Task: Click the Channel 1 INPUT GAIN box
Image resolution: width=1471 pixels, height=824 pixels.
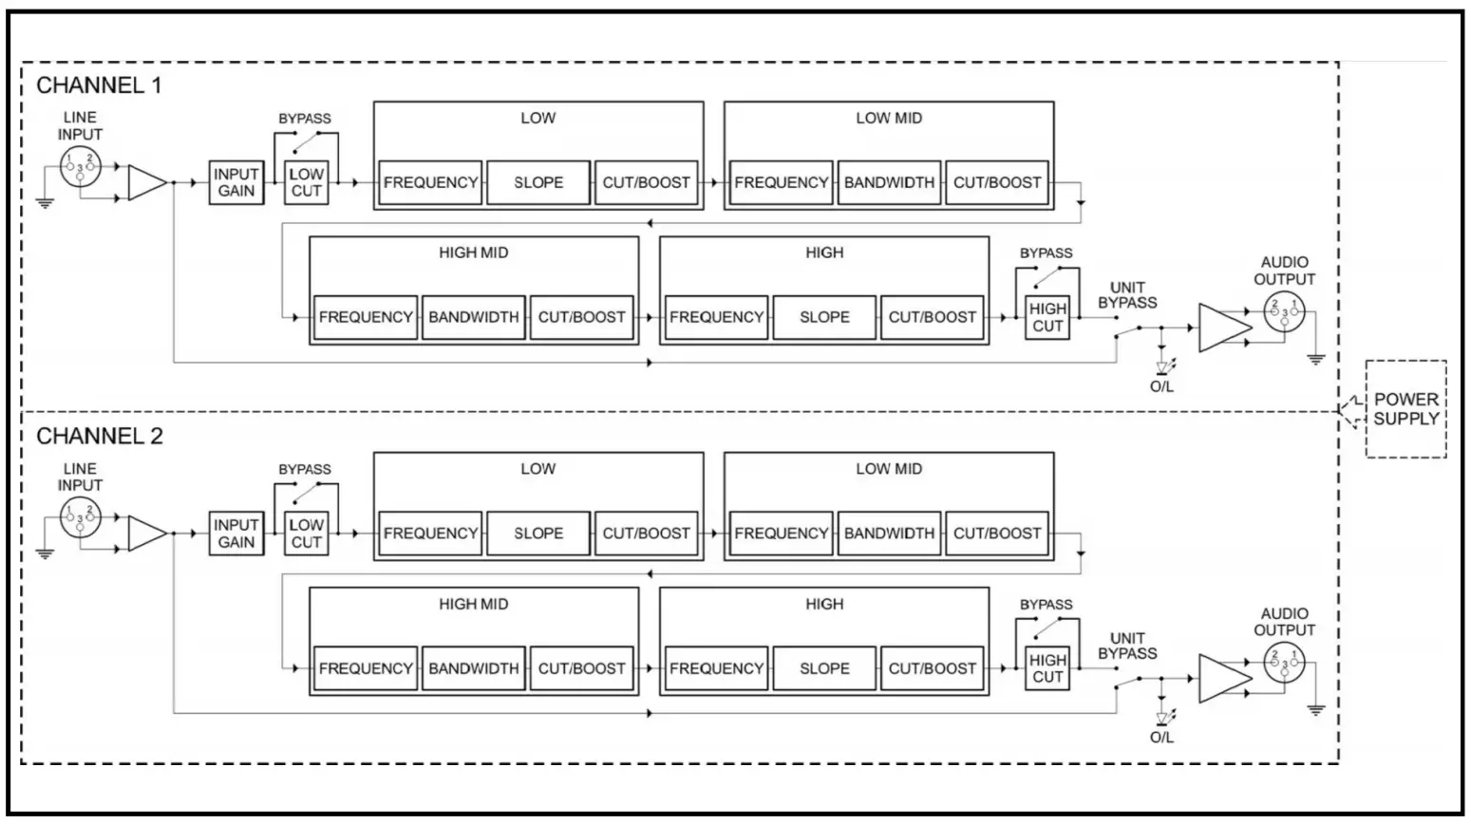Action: click(x=236, y=182)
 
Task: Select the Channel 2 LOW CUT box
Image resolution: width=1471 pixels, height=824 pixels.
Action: click(x=306, y=534)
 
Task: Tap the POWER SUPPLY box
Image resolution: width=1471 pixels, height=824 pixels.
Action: click(x=1405, y=409)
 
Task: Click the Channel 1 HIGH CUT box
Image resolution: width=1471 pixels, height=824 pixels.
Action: click(x=1047, y=317)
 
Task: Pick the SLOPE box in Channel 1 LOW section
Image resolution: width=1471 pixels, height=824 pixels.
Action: click(x=538, y=182)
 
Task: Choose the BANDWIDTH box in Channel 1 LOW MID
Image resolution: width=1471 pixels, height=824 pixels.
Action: click(x=889, y=182)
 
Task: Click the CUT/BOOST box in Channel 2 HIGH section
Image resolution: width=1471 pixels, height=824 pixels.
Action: click(x=932, y=668)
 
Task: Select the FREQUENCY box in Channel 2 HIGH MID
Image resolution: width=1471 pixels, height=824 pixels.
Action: click(x=366, y=668)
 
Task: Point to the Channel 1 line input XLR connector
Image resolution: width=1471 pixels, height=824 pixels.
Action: click(x=80, y=167)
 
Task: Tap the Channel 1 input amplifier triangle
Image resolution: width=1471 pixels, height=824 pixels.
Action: click(x=146, y=183)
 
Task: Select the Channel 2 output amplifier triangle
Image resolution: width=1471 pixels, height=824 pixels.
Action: click(x=1224, y=679)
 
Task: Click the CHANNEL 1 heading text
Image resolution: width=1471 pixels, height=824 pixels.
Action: click(x=99, y=85)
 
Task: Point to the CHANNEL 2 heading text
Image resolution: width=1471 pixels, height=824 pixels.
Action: click(x=99, y=437)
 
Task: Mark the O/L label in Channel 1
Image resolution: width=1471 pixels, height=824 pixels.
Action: click(x=1161, y=386)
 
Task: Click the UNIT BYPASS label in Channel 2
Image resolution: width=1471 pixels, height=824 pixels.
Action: click(x=1127, y=646)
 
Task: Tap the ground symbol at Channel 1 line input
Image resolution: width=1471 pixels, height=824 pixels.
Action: click(x=45, y=201)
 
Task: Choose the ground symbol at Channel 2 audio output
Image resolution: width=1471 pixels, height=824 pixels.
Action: click(x=1315, y=709)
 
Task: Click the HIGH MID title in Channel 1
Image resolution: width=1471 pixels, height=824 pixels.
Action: click(x=473, y=253)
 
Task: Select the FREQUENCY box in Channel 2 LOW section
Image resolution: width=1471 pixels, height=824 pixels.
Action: click(x=430, y=534)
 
